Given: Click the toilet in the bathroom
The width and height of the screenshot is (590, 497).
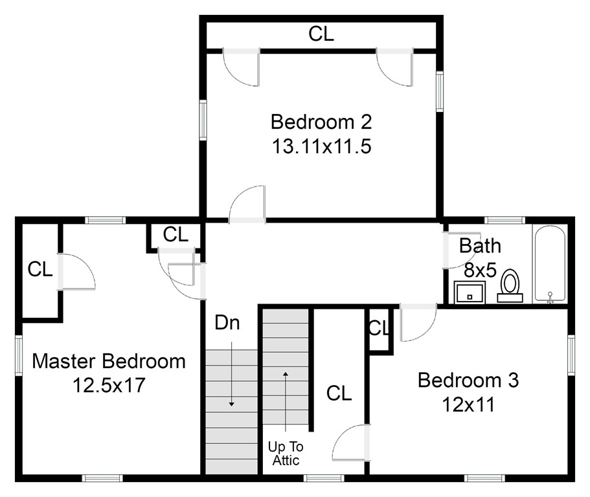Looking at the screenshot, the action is click(x=510, y=286).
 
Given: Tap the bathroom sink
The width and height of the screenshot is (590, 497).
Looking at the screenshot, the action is click(x=470, y=292).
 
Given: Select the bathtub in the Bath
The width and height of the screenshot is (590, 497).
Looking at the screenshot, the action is click(x=550, y=264).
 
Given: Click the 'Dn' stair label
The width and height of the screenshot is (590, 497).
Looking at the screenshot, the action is click(x=227, y=322).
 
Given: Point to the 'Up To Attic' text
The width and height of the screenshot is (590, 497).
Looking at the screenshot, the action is click(x=286, y=454).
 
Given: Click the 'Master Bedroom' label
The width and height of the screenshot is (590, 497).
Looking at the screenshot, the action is click(x=109, y=361).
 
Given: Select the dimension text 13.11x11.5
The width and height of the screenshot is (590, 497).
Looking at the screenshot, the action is click(x=321, y=146).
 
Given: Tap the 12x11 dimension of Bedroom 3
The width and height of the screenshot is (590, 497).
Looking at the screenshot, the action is click(x=468, y=404).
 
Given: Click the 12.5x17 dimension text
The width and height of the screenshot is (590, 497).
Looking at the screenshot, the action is click(x=109, y=385).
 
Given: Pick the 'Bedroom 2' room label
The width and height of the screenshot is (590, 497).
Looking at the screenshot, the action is click(x=321, y=122).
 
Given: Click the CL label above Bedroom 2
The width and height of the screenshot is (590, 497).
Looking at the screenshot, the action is click(x=321, y=34).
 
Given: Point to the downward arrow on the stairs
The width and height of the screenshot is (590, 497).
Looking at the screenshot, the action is click(x=232, y=374).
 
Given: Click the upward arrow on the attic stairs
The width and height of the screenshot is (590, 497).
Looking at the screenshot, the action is click(x=286, y=401).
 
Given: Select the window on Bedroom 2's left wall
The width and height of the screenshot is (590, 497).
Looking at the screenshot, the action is click(x=203, y=120).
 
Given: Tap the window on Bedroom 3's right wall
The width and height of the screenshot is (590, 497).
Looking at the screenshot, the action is click(x=571, y=355).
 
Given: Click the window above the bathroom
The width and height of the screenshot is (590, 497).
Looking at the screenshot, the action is click(x=505, y=220).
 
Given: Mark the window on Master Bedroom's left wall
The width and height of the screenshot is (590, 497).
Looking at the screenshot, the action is click(x=19, y=355).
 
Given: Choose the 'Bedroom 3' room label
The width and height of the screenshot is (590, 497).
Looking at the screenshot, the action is click(x=468, y=380).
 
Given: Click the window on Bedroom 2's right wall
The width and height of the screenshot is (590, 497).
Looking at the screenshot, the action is click(x=440, y=91).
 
